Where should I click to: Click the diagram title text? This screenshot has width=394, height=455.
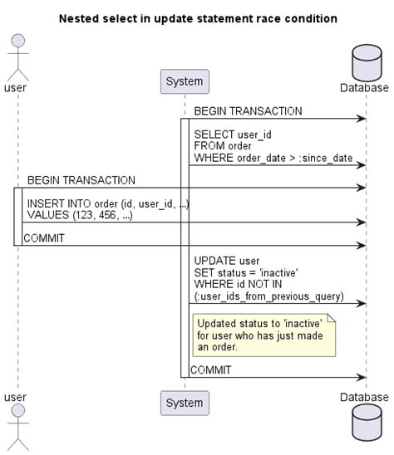[198, 17]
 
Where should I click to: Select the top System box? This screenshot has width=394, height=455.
[184, 81]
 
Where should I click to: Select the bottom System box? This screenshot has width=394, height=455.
[184, 403]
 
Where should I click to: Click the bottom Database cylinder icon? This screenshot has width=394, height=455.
[364, 426]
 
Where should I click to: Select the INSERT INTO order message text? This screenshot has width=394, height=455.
[108, 203]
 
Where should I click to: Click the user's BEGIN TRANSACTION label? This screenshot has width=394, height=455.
[81, 180]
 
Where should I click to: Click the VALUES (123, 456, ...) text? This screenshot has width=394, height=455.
[79, 215]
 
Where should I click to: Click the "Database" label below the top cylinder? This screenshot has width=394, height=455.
[364, 87]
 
